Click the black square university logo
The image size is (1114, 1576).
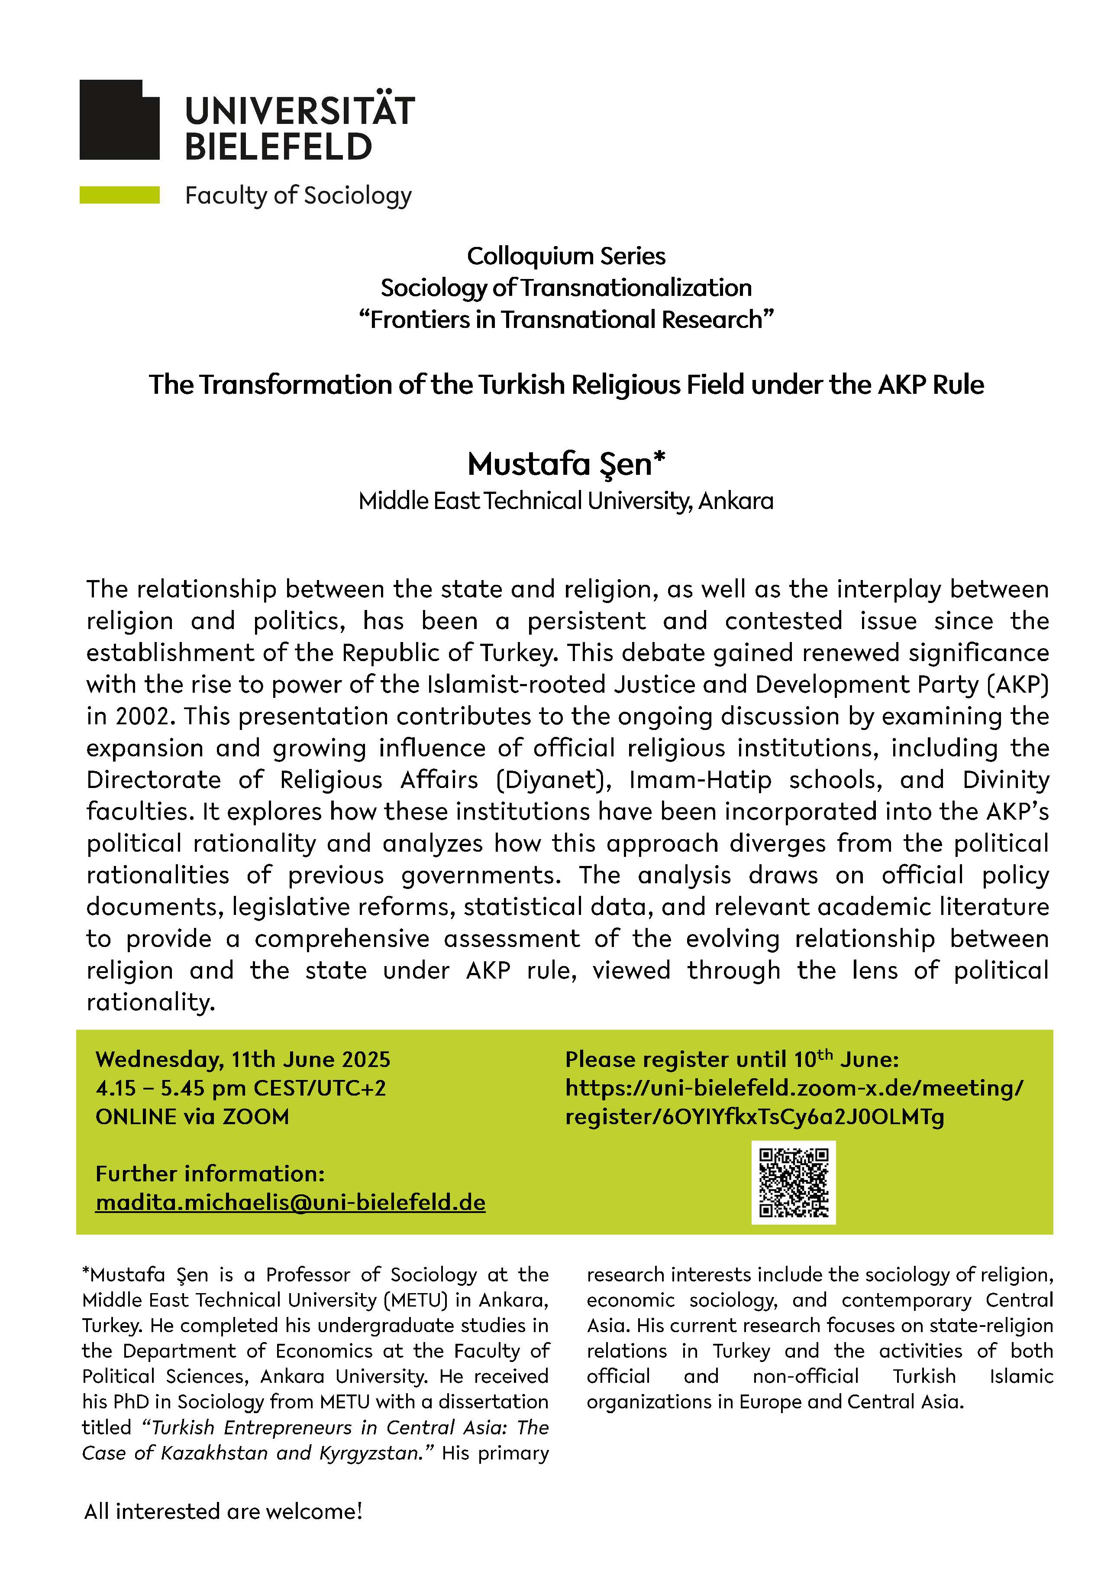coord(119,120)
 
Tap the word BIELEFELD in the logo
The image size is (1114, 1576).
coord(278,147)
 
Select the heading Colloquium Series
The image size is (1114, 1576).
coord(566,256)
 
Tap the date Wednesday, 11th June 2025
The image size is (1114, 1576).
coord(243,1059)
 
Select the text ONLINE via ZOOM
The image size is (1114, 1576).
coord(192,1117)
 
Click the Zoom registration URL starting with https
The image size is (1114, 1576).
coord(794,1088)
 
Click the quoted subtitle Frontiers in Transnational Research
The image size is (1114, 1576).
coord(566,320)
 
